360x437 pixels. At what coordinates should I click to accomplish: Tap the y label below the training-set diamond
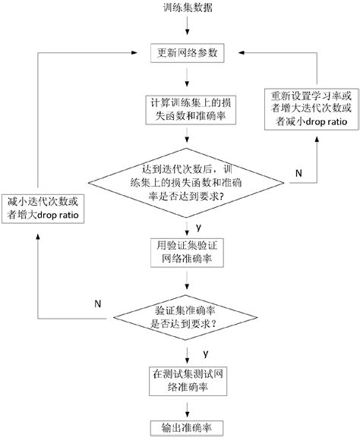(x=197, y=226)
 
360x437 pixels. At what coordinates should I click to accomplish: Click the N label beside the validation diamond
(x=97, y=303)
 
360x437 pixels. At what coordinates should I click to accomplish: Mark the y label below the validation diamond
(x=205, y=354)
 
